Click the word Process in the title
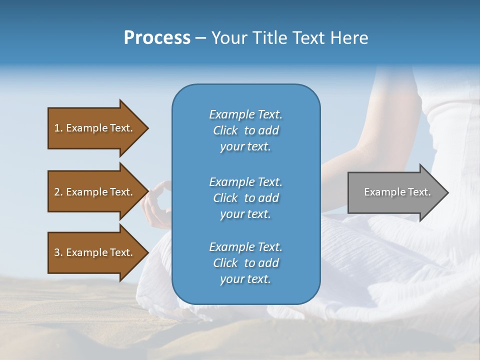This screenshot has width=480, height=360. [157, 38]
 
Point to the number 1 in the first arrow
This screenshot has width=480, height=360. [57, 128]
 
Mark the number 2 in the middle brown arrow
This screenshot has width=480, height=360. [57, 192]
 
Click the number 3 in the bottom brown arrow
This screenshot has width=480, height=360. [57, 252]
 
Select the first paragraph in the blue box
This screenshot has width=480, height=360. [245, 130]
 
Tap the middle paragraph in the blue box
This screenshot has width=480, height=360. [245, 198]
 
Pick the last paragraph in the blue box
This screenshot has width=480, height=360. [245, 263]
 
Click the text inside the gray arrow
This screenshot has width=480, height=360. [397, 192]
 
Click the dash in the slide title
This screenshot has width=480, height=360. [200, 38]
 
